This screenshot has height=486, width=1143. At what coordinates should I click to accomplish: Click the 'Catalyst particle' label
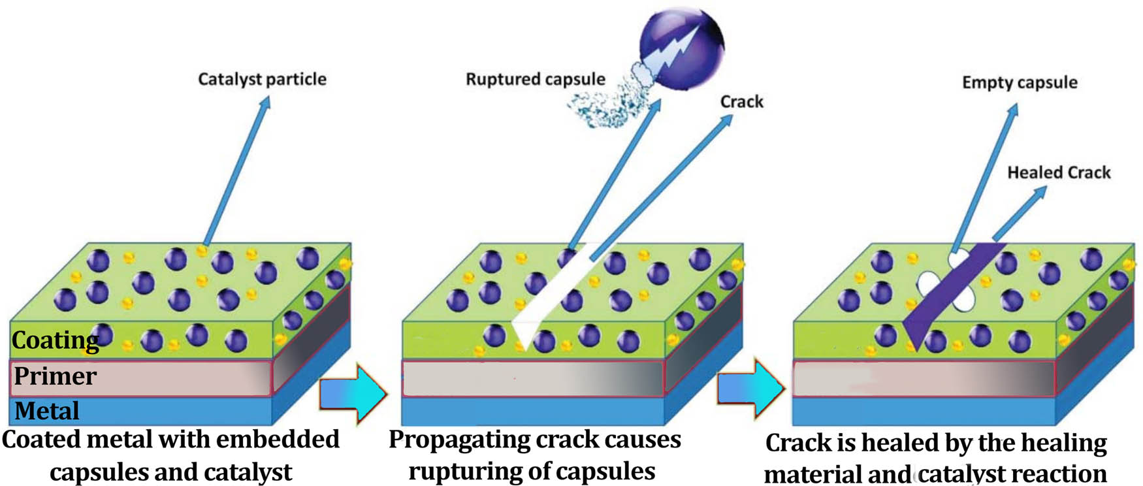click(x=262, y=79)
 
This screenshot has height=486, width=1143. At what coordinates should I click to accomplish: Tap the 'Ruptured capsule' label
click(x=535, y=79)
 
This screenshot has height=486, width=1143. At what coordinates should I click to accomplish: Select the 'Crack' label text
click(x=741, y=102)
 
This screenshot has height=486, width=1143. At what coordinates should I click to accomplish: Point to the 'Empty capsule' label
click(x=1019, y=82)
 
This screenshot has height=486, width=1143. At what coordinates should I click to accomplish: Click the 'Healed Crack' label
click(x=1058, y=172)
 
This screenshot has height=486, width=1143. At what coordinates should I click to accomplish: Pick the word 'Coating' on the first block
click(x=55, y=340)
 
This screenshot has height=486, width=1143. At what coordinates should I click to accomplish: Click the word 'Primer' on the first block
click(x=55, y=376)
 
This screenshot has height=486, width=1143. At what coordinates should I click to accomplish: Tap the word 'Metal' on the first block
click(x=46, y=411)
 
